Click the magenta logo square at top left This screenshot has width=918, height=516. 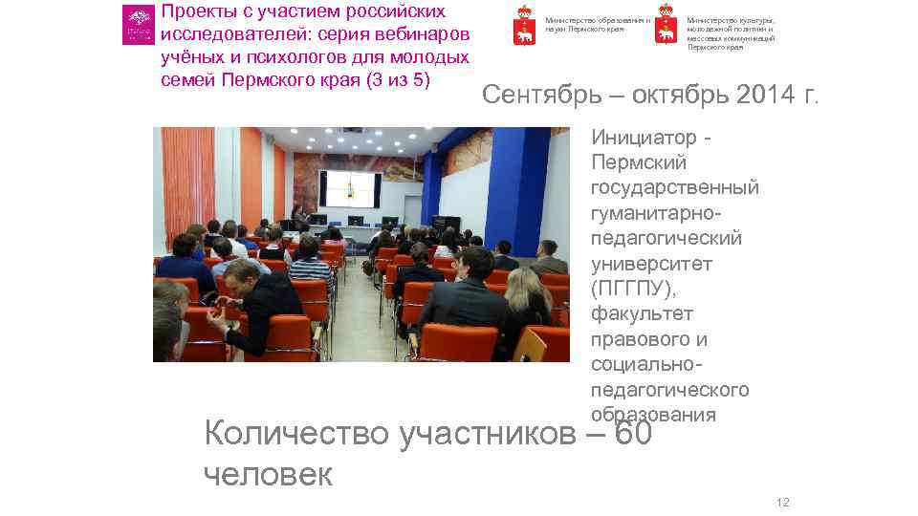[138, 25]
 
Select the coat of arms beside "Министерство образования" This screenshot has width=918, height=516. [523, 25]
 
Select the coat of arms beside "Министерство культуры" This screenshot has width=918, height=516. [665, 28]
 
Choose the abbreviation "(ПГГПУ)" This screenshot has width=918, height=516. [633, 289]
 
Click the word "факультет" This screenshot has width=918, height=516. [643, 313]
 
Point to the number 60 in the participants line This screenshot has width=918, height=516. [632, 434]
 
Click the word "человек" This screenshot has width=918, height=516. [269, 474]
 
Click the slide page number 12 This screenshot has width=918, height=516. [782, 503]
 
